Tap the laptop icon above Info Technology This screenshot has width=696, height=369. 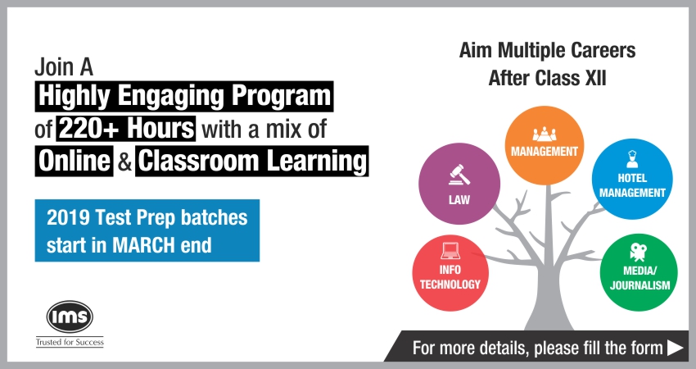pos(450,251)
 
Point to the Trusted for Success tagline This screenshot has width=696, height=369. pos(70,342)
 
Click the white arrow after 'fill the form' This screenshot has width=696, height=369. pos(675,348)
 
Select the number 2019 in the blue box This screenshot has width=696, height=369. pos(68,219)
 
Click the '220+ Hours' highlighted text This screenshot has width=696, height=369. pos(126,129)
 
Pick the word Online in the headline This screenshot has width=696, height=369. pos(74,161)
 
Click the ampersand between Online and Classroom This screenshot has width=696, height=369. pos(124,162)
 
